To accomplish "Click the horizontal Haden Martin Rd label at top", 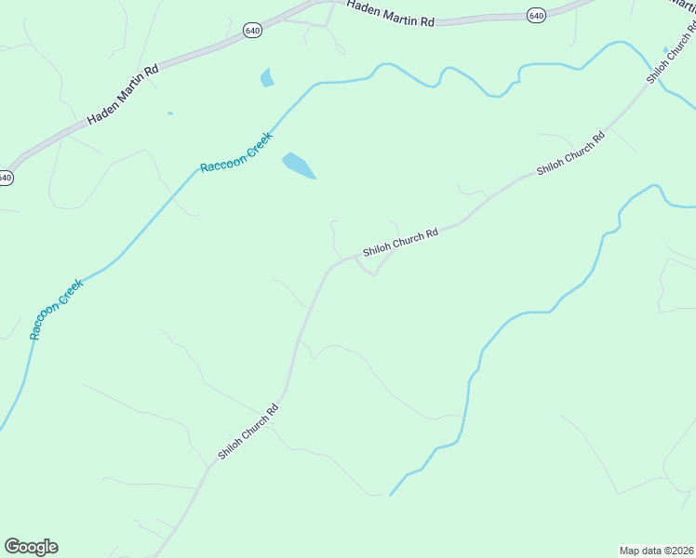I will tap(391, 12).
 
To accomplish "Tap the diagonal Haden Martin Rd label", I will tap(124, 95).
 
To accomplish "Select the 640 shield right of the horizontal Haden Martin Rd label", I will tap(535, 15).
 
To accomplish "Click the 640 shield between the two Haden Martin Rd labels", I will tap(253, 31).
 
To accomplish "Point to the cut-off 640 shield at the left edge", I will tap(6, 177).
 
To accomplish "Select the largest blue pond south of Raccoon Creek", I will tap(299, 166).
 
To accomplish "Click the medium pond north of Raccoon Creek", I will tap(268, 77).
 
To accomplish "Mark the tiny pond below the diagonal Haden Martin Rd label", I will tap(169, 113).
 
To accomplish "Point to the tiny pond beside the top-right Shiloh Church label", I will tap(664, 49).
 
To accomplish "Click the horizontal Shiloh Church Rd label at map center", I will tap(400, 244).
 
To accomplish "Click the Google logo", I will tap(31, 547).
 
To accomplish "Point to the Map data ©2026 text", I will tap(656, 550).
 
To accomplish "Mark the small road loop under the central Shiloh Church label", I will tap(371, 267).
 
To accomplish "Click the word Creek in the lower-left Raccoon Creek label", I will tap(71, 292).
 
